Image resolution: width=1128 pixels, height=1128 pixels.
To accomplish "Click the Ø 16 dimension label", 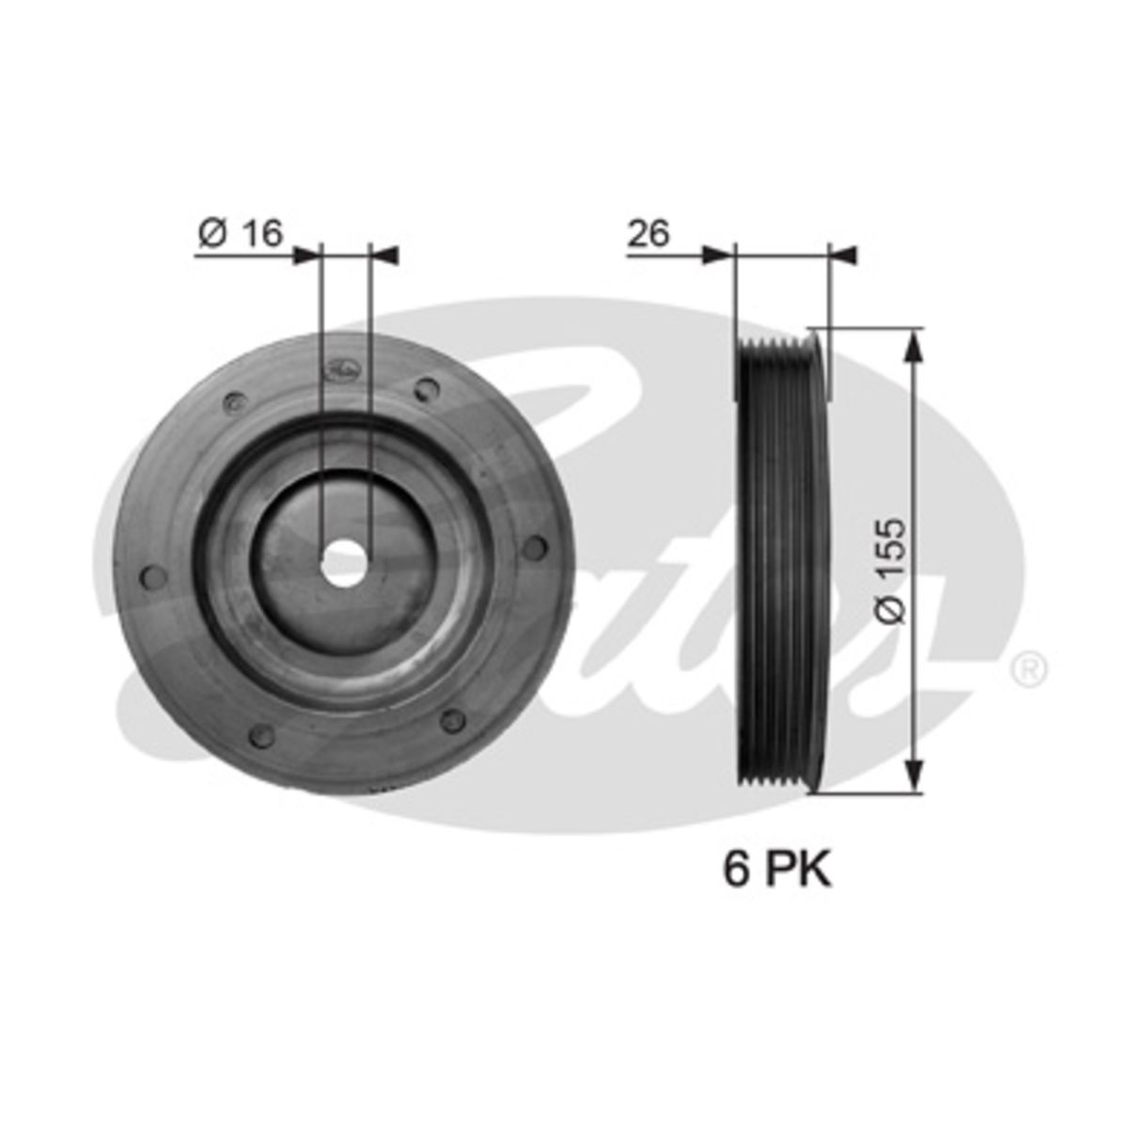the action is (x=240, y=233).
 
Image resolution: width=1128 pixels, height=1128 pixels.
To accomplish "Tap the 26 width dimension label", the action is (x=648, y=233).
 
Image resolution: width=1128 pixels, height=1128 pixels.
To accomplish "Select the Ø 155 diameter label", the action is (x=891, y=571).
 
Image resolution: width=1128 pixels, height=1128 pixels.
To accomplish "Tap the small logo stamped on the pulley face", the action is (x=344, y=370).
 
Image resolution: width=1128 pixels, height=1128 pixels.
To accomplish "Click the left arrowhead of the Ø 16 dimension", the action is (x=307, y=256).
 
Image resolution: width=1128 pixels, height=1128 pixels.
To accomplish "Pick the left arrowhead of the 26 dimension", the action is (x=718, y=256).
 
